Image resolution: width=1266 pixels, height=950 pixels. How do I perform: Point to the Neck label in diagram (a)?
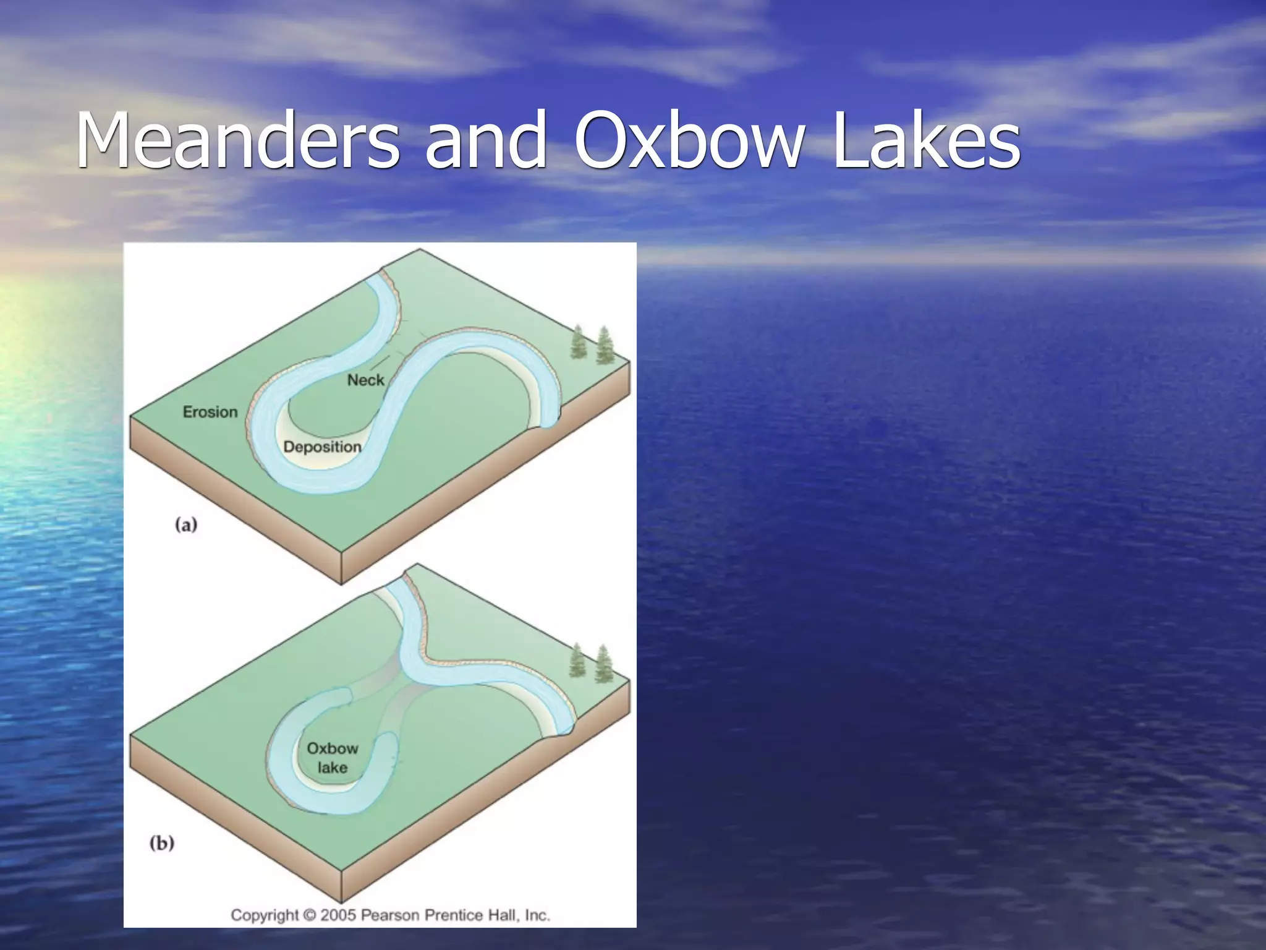coord(365,380)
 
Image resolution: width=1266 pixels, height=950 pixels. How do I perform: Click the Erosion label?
coord(210,412)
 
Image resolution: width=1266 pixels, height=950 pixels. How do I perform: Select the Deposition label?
coord(322,447)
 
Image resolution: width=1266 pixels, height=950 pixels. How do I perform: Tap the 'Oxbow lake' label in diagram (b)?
coord(333,758)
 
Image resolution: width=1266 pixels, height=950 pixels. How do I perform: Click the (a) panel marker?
coord(186,525)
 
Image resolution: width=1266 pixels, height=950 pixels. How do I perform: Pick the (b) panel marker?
coord(162,843)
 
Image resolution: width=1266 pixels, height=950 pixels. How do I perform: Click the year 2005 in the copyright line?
coord(338,915)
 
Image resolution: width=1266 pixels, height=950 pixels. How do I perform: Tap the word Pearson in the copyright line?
coord(389,915)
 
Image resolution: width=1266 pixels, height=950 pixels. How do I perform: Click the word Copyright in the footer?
coord(264,915)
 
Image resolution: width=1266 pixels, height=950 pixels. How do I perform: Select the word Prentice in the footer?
coord(455,915)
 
